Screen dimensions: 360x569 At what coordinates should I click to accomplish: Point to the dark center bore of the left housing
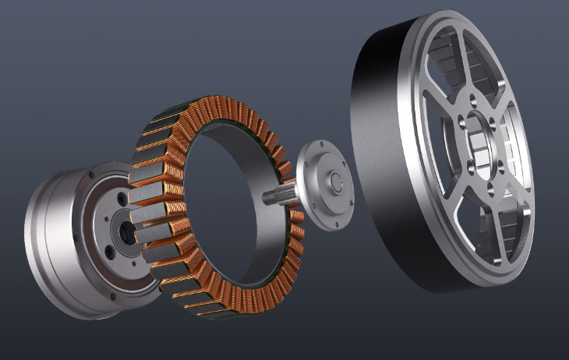(x=125, y=231)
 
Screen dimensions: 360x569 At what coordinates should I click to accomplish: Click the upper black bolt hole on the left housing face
(x=122, y=202)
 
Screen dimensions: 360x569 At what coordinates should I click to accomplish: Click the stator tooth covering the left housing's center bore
(x=148, y=232)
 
